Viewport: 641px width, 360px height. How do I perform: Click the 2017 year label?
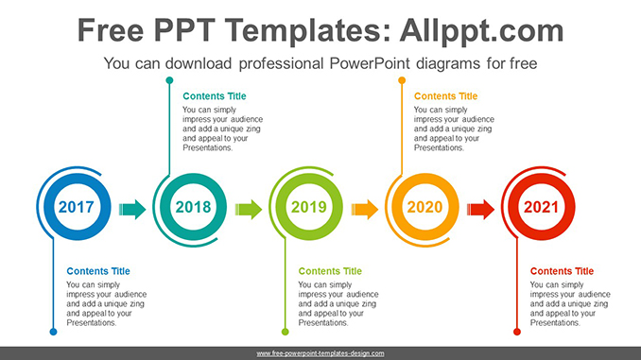(76, 207)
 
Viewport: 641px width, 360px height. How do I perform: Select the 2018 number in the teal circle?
(193, 207)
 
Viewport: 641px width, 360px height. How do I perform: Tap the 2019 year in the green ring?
(308, 207)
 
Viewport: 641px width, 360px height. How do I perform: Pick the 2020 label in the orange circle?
(424, 207)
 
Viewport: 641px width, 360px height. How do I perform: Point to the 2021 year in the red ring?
(541, 207)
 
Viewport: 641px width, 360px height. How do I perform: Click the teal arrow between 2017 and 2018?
(132, 210)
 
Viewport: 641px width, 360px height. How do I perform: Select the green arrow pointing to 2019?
(249, 210)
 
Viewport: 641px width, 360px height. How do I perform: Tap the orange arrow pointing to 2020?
(365, 210)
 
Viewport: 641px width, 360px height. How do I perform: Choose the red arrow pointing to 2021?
(480, 210)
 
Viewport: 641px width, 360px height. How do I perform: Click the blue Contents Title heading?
(98, 271)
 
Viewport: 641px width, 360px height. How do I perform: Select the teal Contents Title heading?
(215, 96)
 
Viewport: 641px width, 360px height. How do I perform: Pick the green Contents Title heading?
(330, 271)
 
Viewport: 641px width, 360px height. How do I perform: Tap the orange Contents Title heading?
(445, 96)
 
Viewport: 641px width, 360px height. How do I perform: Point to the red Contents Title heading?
(562, 271)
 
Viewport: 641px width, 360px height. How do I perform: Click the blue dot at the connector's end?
(53, 332)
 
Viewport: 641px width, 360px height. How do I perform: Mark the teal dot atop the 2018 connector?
(169, 80)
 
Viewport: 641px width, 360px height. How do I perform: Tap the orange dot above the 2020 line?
(402, 80)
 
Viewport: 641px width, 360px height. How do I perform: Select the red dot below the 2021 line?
(517, 332)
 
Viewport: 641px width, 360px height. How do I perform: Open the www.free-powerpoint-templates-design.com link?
(320, 353)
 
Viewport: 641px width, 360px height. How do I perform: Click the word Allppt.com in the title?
(481, 31)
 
